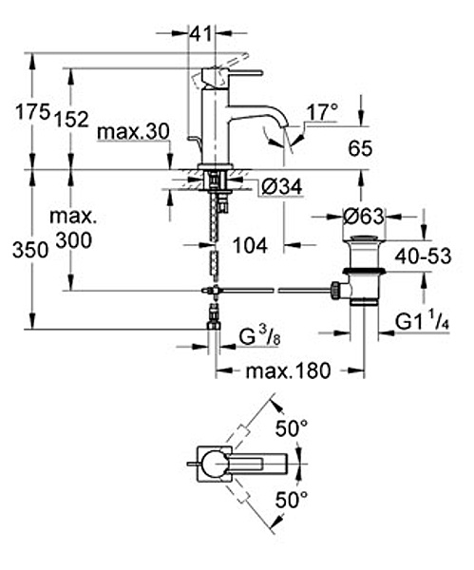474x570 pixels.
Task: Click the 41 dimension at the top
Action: point(200,34)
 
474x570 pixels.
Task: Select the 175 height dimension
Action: point(32,112)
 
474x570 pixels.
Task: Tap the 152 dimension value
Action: point(71,120)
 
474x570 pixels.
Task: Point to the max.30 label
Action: point(133,132)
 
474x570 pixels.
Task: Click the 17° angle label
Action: point(322,112)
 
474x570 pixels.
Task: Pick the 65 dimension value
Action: point(360,148)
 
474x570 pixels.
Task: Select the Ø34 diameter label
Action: point(282,187)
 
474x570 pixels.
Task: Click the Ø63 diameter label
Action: point(363,217)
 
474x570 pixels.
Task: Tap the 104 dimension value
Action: point(250,245)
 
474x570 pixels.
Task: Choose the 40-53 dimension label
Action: point(423,256)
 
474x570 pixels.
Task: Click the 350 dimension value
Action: point(30,251)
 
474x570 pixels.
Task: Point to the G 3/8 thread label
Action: point(259,338)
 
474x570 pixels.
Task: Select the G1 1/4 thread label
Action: point(422,322)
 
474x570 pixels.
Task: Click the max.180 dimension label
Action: point(288,371)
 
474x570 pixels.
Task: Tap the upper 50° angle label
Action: point(292,428)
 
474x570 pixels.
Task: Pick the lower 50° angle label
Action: point(292,501)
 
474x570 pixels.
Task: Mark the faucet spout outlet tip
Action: point(286,125)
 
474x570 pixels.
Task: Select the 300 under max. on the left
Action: point(74,240)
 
